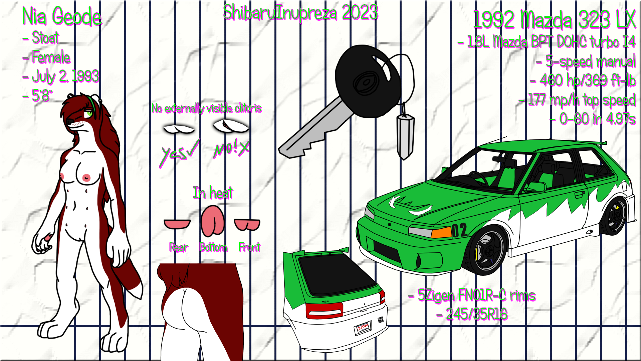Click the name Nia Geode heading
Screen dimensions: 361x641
click(x=62, y=17)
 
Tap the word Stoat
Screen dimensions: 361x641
click(x=45, y=38)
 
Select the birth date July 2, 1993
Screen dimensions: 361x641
click(x=65, y=77)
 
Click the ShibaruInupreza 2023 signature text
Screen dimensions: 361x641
click(x=300, y=13)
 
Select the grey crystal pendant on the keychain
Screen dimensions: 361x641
click(x=405, y=135)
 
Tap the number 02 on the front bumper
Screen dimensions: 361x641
click(x=459, y=230)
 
